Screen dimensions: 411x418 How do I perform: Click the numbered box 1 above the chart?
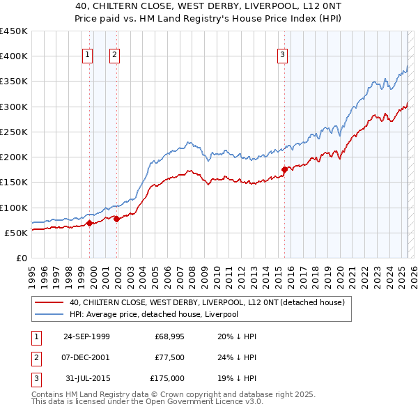point(88,56)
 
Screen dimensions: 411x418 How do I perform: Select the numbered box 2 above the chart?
point(114,56)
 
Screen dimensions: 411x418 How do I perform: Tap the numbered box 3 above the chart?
point(283,56)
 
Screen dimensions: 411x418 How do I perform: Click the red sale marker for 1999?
point(90,224)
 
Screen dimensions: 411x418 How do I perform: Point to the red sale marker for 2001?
point(116,219)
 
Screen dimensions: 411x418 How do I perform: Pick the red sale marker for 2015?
point(284,169)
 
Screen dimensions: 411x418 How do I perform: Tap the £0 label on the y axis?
point(21,258)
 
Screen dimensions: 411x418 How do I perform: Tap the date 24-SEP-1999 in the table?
point(86,336)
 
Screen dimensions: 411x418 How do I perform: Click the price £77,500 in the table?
point(169,357)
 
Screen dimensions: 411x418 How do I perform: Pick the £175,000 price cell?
point(167,378)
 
